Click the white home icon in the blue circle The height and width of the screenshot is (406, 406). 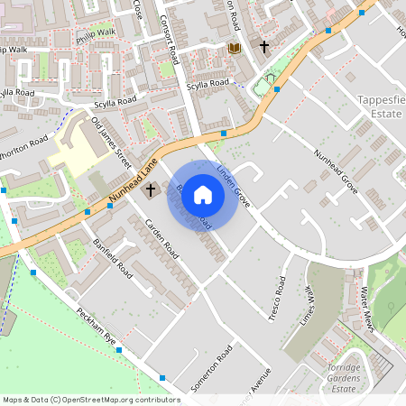(x=203, y=194)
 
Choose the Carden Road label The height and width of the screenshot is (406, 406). (x=161, y=237)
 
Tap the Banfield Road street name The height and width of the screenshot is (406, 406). (x=113, y=258)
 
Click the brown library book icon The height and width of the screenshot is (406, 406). (x=235, y=47)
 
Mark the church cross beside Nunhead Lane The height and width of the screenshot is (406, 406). (x=150, y=191)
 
